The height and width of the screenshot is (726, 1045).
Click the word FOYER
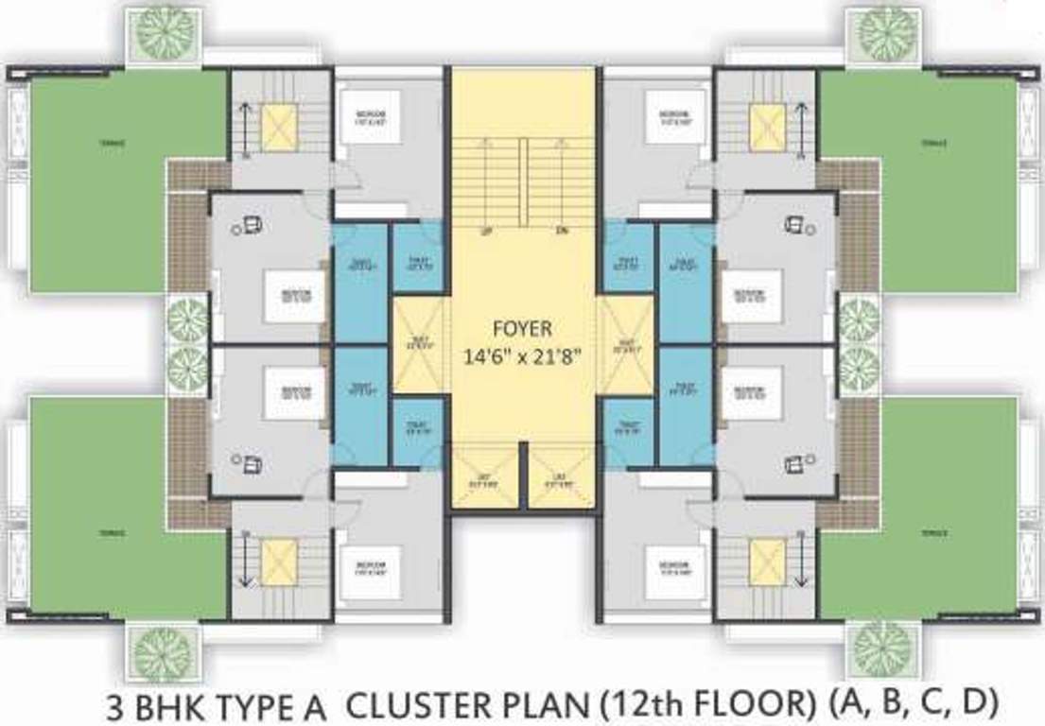point(523,329)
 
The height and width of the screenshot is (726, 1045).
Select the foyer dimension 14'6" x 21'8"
point(523,357)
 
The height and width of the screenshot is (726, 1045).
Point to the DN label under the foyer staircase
point(561,230)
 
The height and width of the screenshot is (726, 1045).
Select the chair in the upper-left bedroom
point(253,224)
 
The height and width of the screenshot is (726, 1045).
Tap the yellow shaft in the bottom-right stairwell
point(767,562)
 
